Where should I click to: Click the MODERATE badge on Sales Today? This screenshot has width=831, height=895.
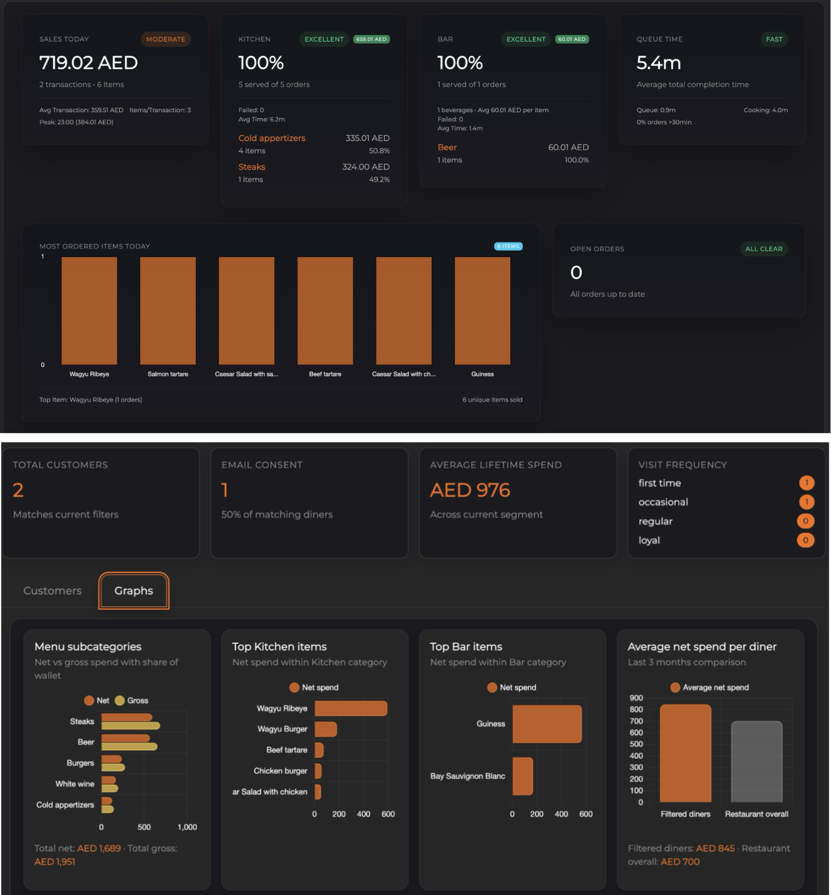click(x=165, y=39)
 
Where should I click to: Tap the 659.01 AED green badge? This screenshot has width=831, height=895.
click(x=371, y=39)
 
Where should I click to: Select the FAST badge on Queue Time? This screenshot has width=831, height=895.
click(x=774, y=39)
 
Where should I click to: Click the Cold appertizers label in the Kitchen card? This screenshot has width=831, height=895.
click(x=272, y=138)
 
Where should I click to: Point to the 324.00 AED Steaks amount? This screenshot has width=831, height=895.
click(x=366, y=167)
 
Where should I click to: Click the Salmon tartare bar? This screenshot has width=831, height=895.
click(x=168, y=311)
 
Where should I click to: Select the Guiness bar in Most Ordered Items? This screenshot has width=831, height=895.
click(x=482, y=311)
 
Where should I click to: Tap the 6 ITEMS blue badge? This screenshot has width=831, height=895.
click(x=508, y=246)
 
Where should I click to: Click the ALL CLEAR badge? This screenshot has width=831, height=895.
click(x=763, y=248)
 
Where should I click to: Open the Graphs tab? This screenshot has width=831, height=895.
click(x=133, y=591)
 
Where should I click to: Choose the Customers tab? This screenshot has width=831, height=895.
click(x=53, y=591)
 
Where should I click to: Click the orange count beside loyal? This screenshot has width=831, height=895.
click(x=805, y=540)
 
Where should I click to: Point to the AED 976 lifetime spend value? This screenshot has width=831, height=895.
click(x=470, y=490)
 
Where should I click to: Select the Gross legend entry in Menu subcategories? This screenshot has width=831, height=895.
click(x=132, y=700)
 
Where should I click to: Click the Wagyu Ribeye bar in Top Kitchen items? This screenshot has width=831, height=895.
click(x=351, y=708)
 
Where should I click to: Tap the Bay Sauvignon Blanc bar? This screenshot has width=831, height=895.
click(x=522, y=776)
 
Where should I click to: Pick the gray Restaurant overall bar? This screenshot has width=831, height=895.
click(x=756, y=762)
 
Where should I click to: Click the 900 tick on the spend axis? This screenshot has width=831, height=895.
click(x=636, y=698)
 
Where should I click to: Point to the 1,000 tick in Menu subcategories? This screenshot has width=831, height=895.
click(x=187, y=827)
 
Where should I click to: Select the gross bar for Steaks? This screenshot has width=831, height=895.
click(x=130, y=726)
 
